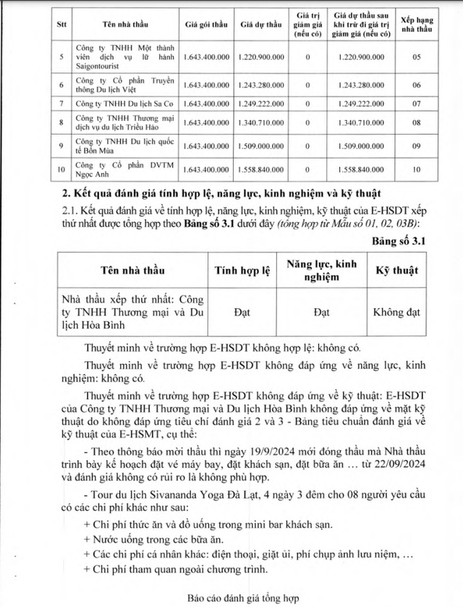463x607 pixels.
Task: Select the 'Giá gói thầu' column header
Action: [207, 24]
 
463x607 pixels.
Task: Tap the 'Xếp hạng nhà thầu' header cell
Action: [415, 24]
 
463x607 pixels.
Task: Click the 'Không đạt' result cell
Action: [396, 313]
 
